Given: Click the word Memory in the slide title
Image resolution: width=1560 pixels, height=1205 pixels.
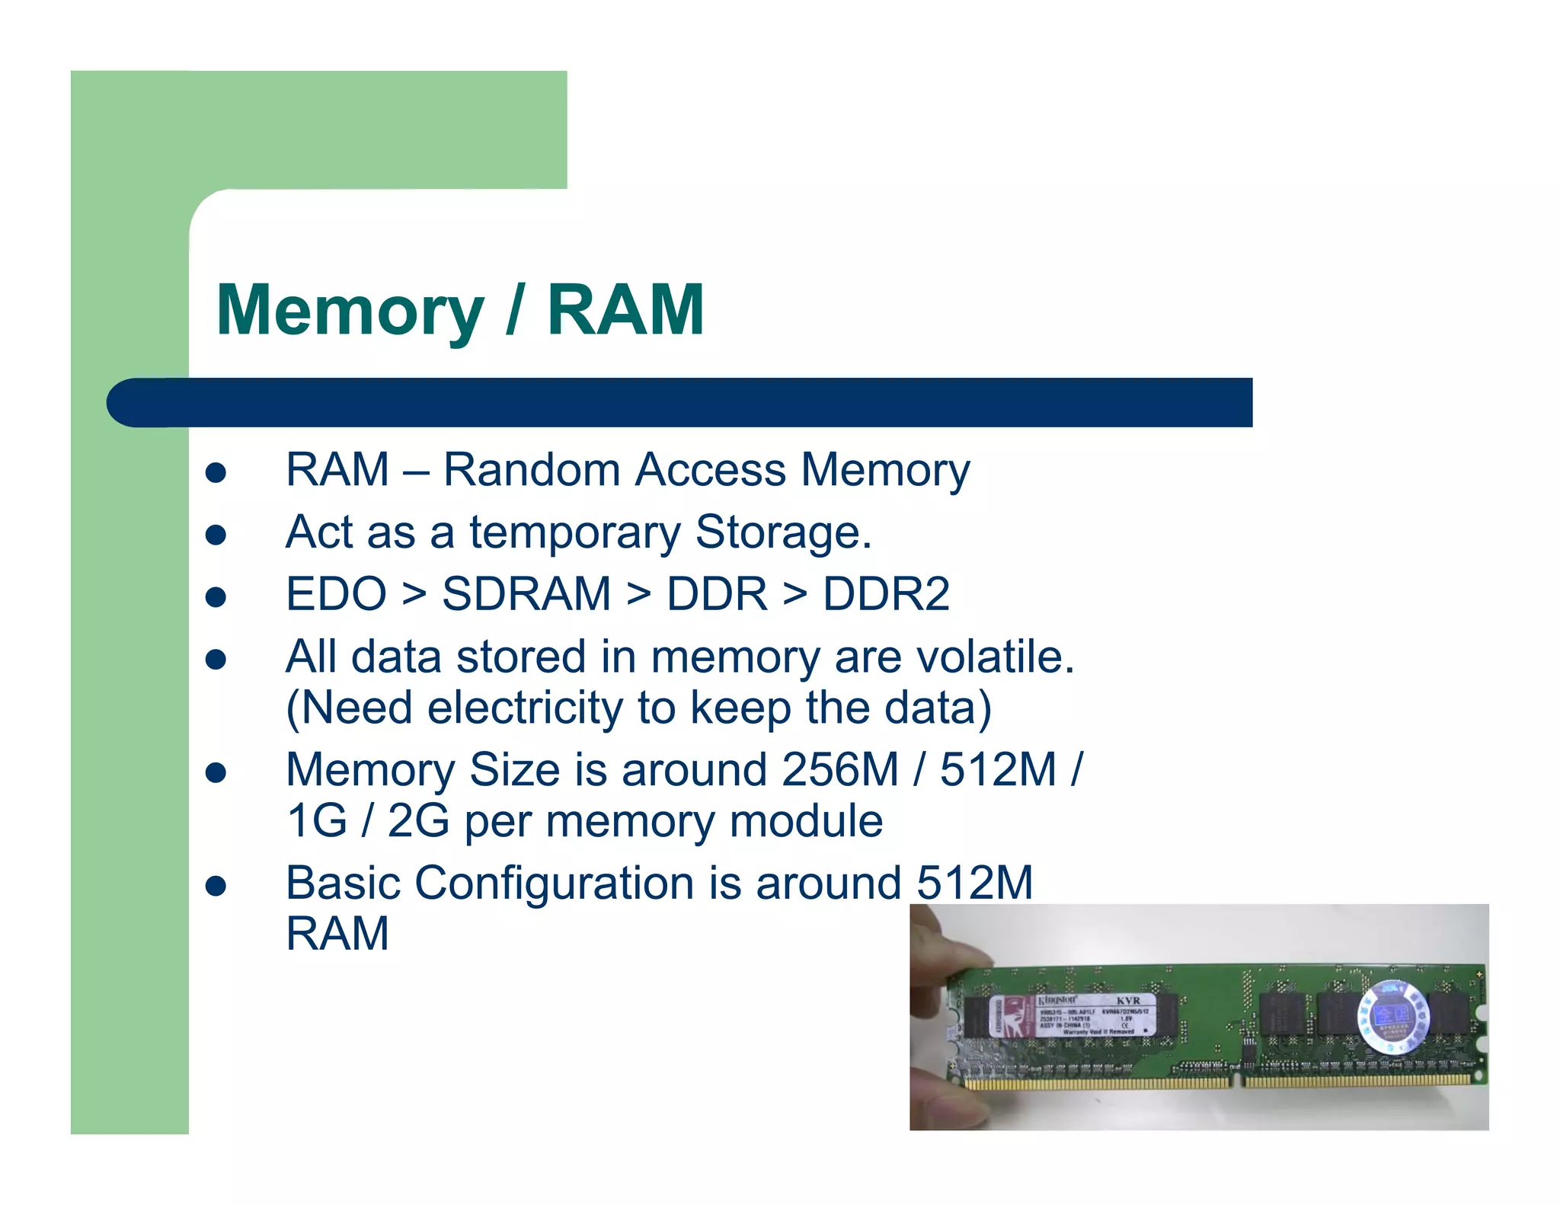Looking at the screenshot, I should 350,311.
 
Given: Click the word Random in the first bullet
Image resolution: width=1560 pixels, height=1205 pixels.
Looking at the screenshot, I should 531,470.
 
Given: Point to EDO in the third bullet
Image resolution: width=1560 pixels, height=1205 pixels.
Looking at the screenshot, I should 336,594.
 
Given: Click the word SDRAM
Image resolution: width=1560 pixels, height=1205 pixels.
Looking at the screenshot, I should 526,594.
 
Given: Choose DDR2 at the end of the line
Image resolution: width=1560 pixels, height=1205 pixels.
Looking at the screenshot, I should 886,594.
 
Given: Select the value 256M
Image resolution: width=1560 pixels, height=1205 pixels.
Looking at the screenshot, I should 840,770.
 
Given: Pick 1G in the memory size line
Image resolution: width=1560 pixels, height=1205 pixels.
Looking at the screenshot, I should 316,821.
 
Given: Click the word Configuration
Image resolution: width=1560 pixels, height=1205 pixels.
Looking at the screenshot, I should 555,884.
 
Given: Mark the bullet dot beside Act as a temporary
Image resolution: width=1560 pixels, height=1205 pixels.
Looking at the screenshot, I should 216,535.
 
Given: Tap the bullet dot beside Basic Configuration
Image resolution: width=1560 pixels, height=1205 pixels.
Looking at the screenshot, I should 216,887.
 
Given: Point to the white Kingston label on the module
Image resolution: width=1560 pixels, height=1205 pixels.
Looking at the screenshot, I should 1074,1015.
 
